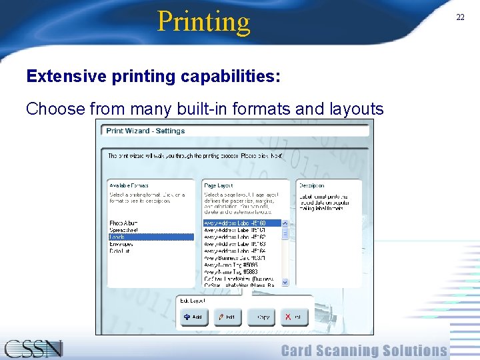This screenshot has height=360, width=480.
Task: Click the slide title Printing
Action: pyautogui.click(x=203, y=21)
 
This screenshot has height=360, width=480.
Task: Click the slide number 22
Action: pyautogui.click(x=460, y=17)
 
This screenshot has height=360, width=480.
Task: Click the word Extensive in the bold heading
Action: pyautogui.click(x=66, y=77)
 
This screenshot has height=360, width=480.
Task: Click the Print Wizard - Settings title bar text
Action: pyautogui.click(x=145, y=131)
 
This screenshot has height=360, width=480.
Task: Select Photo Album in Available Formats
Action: pyautogui.click(x=125, y=223)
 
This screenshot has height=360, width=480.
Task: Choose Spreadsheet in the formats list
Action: pyautogui.click(x=125, y=230)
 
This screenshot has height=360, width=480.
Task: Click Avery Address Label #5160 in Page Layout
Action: pyautogui.click(x=235, y=223)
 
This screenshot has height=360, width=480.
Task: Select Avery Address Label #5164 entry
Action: pyautogui.click(x=235, y=251)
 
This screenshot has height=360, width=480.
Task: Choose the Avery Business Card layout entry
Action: pyautogui.click(x=235, y=258)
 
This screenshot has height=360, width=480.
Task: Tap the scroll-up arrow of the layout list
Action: pyautogui.click(x=285, y=223)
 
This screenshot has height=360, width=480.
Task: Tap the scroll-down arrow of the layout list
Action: pyautogui.click(x=285, y=282)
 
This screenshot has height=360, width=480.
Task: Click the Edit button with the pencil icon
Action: pyautogui.click(x=227, y=317)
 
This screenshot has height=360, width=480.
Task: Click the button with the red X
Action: pyautogui.click(x=294, y=317)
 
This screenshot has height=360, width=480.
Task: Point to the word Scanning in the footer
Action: pyautogui.click(x=364, y=351)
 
